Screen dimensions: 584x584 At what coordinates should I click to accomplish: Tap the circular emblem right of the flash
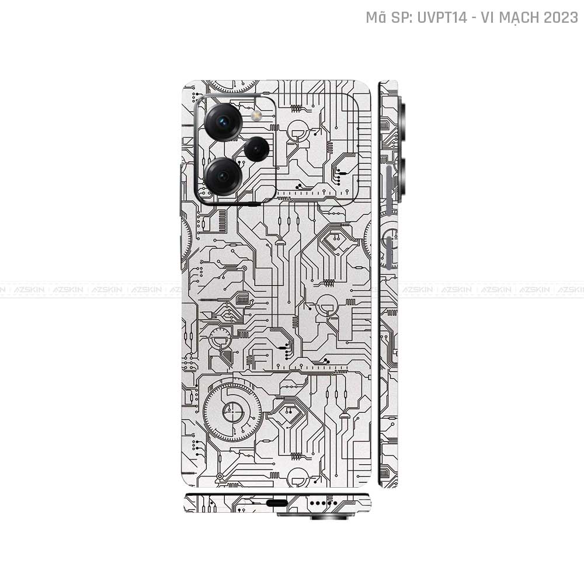coord(299,128)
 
